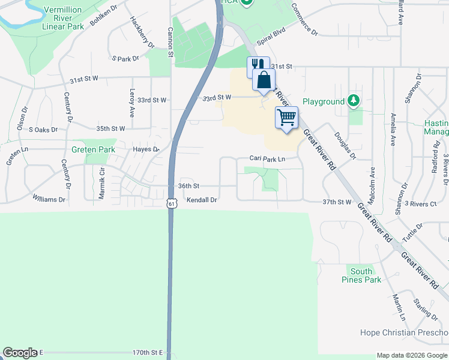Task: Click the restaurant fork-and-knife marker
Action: click(x=258, y=65)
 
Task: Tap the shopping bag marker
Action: click(x=264, y=80)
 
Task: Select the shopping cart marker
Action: click(x=287, y=116)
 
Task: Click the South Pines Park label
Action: click(x=361, y=275)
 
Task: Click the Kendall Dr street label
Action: click(x=201, y=200)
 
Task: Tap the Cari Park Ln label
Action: click(x=267, y=159)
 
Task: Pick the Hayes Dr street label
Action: click(x=146, y=149)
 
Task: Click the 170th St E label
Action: click(x=148, y=353)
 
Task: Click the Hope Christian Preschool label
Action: click(x=403, y=332)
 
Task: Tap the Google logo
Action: click(x=20, y=353)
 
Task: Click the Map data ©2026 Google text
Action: click(x=411, y=355)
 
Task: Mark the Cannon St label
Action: click(x=170, y=42)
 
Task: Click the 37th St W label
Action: click(x=336, y=202)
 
